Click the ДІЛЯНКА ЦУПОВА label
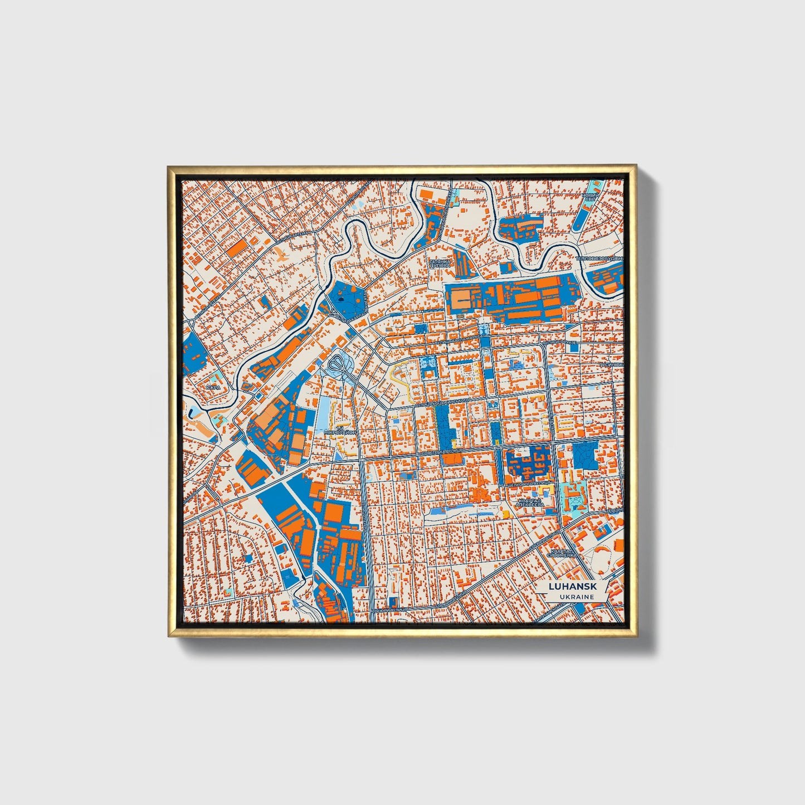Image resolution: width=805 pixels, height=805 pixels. pyautogui.click(x=439, y=264)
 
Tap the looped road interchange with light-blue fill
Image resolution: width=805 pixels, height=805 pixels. pyautogui.click(x=340, y=365)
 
